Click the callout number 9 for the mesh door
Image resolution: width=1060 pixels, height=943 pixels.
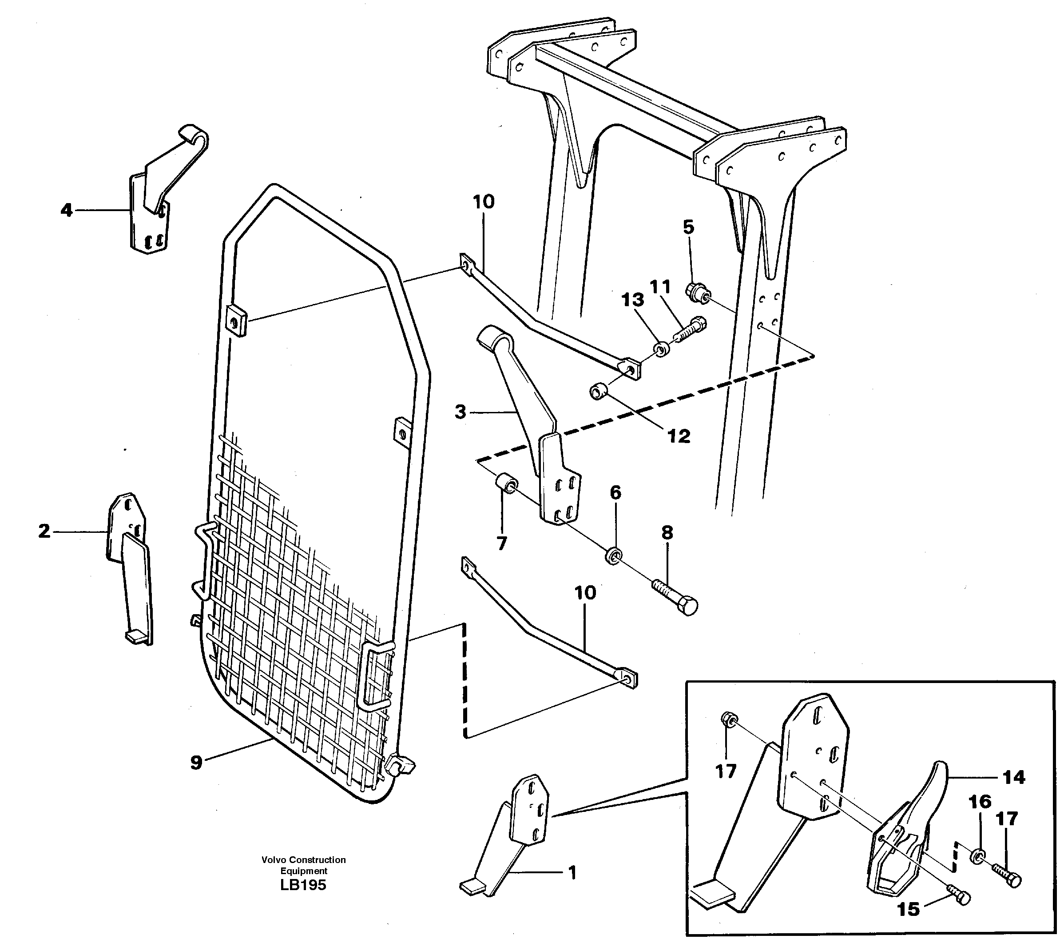tap(196, 763)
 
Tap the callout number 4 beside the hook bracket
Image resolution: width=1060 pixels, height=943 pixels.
tap(66, 211)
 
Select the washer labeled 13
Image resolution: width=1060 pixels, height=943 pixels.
tap(660, 349)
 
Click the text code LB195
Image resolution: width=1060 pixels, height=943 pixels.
tap(303, 885)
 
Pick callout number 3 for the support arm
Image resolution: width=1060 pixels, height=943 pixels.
tap(460, 412)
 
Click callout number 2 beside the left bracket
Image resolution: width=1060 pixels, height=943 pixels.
tap(44, 531)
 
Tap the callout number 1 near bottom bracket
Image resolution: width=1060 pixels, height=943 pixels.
tap(572, 874)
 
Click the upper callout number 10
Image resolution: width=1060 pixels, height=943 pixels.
tap(483, 201)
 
